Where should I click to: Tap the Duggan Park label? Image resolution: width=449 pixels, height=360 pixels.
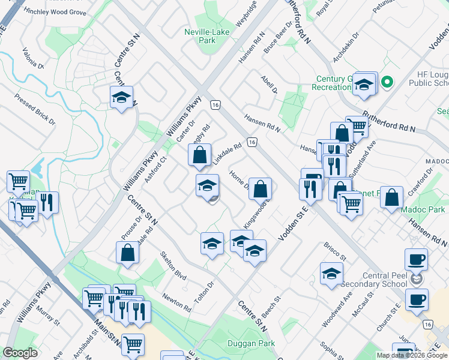coord(251,344)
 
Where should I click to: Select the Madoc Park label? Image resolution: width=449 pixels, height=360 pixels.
coord(429,209)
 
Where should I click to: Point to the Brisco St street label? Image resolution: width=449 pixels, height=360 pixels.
coord(336,252)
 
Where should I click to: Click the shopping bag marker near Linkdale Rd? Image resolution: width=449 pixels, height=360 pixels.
coord(199,155)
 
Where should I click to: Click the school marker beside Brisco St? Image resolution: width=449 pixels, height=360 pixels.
coord(331,274)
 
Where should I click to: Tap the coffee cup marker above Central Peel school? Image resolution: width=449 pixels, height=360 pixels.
coord(416,260)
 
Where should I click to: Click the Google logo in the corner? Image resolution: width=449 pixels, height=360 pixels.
coord(20,353)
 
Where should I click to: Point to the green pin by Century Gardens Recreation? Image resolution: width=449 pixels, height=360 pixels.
coord(387,82)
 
